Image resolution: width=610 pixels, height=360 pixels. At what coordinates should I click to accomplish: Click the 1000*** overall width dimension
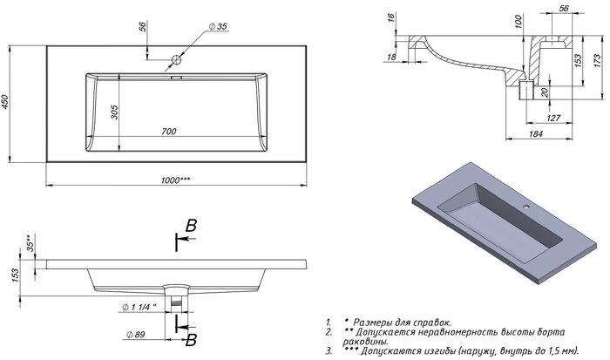point(175,180)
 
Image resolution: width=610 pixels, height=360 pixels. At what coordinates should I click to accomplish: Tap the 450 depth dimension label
point(4,102)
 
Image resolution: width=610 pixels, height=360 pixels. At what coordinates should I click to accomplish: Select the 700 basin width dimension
point(169,132)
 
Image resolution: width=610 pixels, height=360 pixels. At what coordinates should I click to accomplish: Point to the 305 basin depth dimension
point(114,112)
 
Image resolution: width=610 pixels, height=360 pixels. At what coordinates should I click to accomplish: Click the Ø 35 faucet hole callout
point(218,26)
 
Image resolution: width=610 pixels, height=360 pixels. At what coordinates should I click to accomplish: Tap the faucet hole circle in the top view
point(176,60)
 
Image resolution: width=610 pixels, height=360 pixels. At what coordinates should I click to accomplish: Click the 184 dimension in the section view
point(536,134)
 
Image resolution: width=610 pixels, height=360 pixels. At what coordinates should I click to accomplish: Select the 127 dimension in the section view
point(553,118)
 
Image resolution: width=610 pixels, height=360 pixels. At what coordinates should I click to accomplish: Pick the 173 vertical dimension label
point(598,61)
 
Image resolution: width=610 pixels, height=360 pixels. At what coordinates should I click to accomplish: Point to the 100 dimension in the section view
point(518,22)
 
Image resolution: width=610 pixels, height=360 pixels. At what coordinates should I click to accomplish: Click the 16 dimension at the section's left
point(391,17)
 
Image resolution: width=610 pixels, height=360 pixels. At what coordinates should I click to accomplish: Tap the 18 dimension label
point(391,57)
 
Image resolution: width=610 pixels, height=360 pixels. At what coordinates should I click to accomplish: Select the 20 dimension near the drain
point(545,92)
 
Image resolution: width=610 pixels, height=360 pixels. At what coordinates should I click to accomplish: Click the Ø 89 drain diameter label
point(136,335)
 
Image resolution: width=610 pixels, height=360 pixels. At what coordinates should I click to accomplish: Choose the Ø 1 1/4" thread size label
point(139,307)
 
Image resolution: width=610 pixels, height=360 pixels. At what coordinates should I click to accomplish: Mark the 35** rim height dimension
point(30,243)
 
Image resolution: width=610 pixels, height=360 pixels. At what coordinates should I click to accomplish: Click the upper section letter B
point(191,226)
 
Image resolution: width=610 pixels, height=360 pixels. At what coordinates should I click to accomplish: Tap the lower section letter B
point(191,340)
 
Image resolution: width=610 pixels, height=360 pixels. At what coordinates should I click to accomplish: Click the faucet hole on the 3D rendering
point(526,206)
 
